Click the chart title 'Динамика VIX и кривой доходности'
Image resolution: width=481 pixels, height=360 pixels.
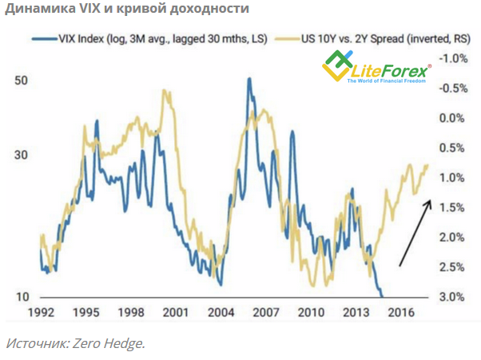(127, 10)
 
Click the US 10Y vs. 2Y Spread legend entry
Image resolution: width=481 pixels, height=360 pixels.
(336, 38)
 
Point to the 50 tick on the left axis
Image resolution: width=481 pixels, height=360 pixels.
(22, 81)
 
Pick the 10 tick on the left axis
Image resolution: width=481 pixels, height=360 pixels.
(22, 297)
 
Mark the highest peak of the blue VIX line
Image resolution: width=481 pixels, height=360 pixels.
(249, 79)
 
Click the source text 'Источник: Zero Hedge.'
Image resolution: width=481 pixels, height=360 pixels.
(75, 343)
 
